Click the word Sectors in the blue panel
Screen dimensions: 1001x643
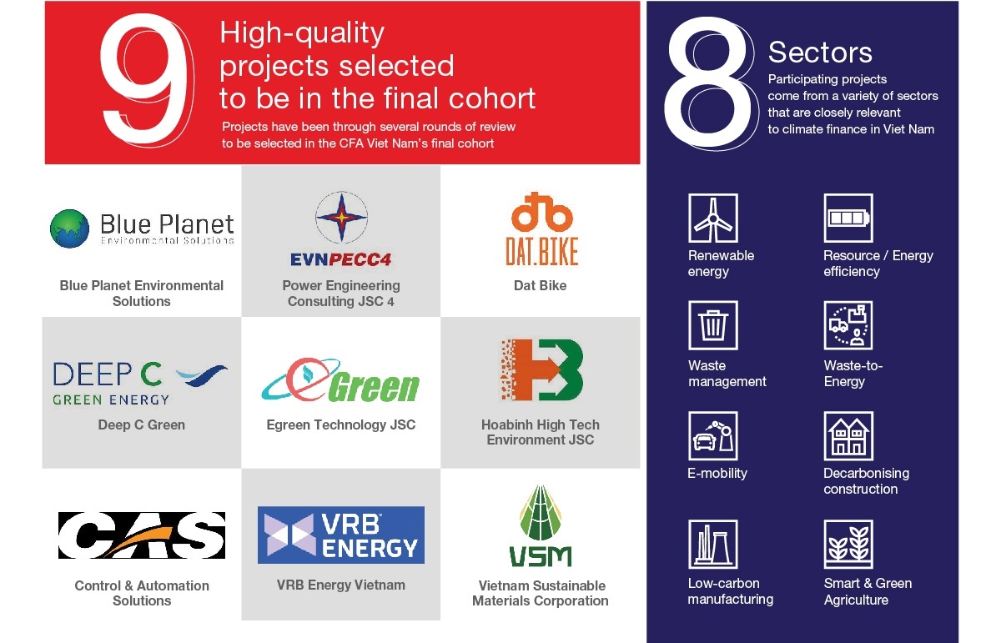coord(820,53)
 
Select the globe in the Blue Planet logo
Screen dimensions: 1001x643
coord(70,229)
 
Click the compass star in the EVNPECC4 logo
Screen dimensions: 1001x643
coord(341,218)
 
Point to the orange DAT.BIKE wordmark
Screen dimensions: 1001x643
coord(541,251)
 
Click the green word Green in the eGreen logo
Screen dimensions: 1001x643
coord(375,387)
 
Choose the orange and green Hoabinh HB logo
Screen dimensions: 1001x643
coord(541,369)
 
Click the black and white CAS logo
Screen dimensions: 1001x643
coord(142,535)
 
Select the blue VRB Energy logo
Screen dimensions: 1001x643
coord(341,535)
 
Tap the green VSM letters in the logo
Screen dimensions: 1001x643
coord(541,557)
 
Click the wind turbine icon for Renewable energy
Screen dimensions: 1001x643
coord(713,218)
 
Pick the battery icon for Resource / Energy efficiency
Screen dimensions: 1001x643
coord(848,218)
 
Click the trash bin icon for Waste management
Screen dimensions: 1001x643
coord(713,325)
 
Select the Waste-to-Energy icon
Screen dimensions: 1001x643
coord(848,325)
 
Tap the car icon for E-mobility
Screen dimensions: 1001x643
coord(713,435)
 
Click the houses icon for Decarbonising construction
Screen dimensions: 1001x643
coord(848,435)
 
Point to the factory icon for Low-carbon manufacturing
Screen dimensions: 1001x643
coord(713,545)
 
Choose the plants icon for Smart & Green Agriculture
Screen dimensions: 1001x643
coord(848,545)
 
